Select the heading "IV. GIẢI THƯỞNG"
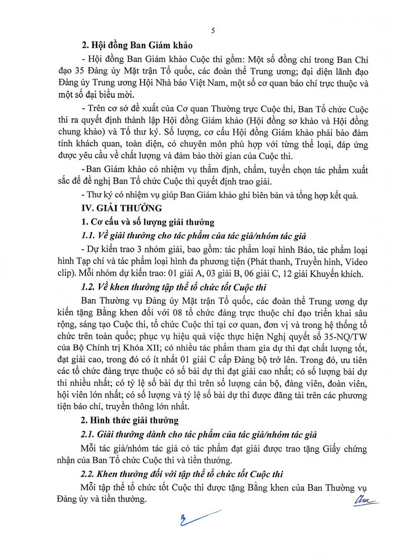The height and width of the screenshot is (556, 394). point(115,208)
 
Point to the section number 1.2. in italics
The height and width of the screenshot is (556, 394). point(90,287)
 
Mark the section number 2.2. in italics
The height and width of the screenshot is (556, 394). point(90,474)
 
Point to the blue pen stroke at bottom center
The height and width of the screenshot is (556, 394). point(196,518)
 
